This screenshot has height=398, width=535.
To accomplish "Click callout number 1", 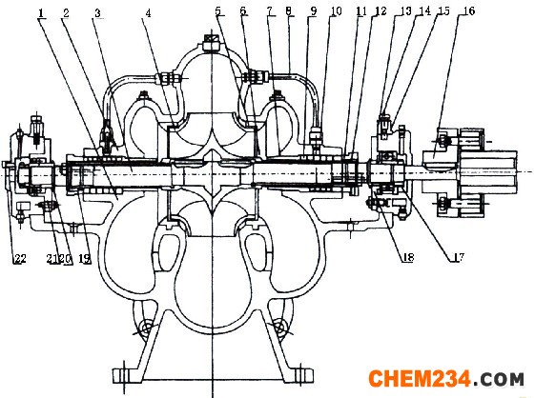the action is (41, 13).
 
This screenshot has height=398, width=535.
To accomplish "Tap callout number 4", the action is (148, 13).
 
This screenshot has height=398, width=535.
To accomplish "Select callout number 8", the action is (289, 11).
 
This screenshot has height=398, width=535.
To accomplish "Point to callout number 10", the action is (336, 11).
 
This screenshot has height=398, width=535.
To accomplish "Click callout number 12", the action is (381, 11).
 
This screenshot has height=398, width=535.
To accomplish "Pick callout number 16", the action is (469, 10).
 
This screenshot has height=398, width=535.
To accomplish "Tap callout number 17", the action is (458, 257).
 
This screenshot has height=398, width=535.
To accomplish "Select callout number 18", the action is (408, 257).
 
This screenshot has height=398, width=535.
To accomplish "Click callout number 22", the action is (19, 259).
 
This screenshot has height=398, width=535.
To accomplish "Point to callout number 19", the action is (85, 259).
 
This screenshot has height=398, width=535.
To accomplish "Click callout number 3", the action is (98, 13).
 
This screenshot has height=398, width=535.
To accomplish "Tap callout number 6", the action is (243, 11).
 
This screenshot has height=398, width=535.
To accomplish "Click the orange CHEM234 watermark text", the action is (420, 379).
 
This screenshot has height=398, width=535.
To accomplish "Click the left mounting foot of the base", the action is (127, 376).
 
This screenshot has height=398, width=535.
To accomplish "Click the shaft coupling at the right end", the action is (470, 172).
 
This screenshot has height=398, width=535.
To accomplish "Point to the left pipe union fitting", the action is (168, 78).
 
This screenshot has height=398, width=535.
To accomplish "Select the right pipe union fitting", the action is (256, 77).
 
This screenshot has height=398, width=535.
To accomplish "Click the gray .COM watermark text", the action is (498, 379).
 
